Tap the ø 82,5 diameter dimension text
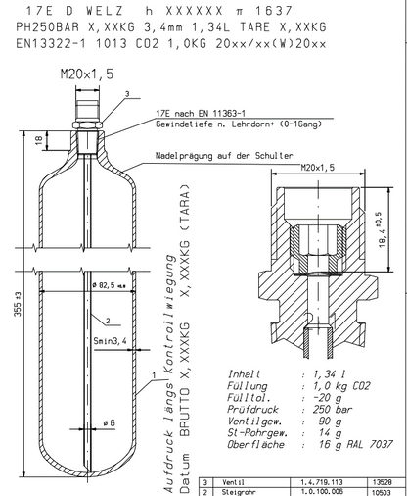click(x=110, y=285)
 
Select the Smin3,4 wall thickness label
click(x=110, y=341)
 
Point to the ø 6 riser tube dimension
click(x=110, y=423)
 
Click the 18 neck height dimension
click(x=38, y=140)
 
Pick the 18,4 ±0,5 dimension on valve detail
click(x=382, y=229)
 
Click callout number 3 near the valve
click(x=127, y=94)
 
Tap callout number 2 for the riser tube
click(x=108, y=321)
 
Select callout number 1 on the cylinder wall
click(x=154, y=375)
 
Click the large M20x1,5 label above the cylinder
click(x=87, y=74)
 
